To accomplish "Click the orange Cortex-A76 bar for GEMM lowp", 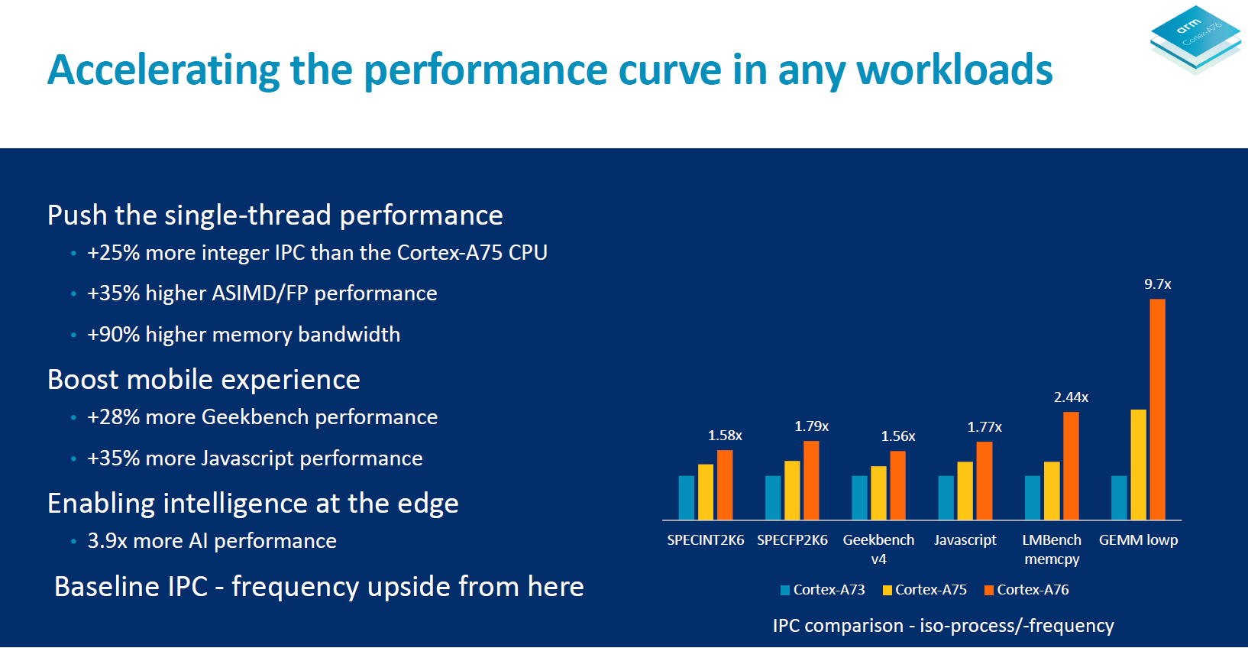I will tap(1157, 409).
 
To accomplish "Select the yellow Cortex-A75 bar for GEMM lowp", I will tap(1138, 465).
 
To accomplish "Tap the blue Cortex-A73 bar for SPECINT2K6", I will tap(687, 497).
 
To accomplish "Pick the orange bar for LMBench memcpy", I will tap(1071, 465).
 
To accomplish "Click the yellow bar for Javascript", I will tap(965, 491).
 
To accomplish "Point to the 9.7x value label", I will tap(1157, 284).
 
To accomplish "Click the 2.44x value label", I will tap(1071, 397).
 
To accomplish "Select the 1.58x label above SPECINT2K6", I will tap(725, 436).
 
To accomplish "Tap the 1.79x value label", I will tap(811, 426).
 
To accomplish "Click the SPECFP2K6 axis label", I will tap(792, 540).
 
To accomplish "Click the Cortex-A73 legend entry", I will tap(823, 590).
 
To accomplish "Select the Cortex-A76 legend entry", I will tap(1027, 590).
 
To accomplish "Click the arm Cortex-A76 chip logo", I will tap(1195, 38).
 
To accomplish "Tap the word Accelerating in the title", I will tap(163, 70).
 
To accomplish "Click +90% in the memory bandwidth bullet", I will tap(113, 335).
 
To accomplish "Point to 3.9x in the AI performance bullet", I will tap(106, 541).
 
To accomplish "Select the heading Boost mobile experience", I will tap(204, 380).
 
